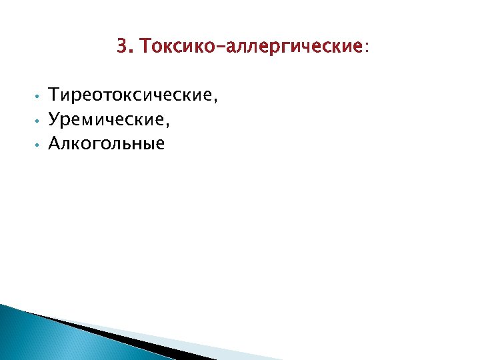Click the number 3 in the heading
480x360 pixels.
pos(121,47)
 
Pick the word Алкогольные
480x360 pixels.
pos(107,143)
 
